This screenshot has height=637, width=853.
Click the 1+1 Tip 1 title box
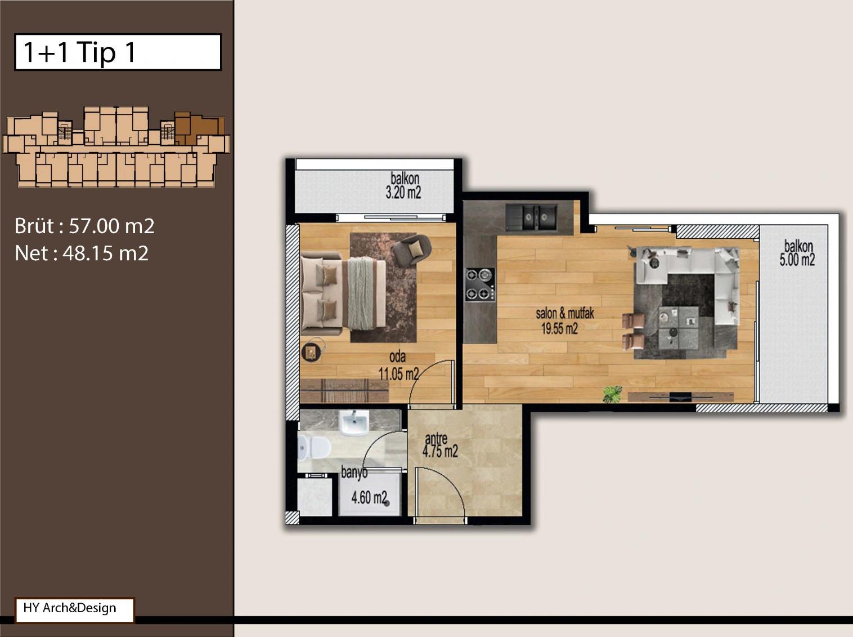[118, 52]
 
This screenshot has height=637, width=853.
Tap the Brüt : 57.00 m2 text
[84, 226]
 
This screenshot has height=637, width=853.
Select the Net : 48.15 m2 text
[82, 253]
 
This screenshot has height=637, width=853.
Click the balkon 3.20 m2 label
[404, 186]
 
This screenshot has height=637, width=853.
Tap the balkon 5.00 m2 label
[797, 253]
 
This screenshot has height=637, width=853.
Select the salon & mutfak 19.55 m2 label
[565, 321]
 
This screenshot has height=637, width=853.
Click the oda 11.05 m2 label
[399, 366]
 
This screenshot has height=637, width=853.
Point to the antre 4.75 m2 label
[440, 446]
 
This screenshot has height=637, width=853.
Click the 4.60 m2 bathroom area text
[369, 498]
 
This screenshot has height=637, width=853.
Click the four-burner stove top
[481, 284]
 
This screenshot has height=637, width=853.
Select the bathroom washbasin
[354, 422]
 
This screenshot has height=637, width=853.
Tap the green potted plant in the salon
[612, 394]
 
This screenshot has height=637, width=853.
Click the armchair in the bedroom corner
[412, 250]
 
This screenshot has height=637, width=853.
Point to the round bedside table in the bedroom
[312, 353]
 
